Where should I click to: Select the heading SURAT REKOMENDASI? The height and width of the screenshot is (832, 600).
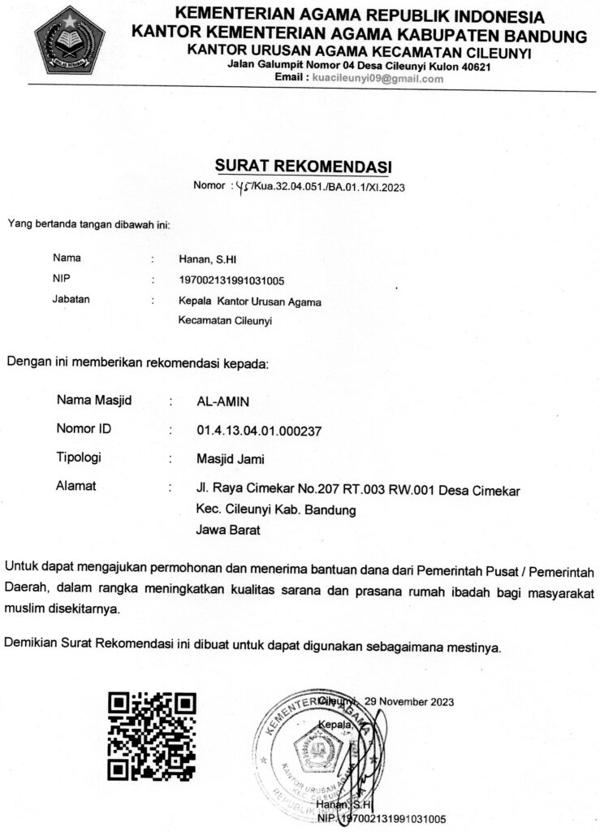tap(303, 167)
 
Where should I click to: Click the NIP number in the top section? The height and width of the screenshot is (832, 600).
tap(231, 280)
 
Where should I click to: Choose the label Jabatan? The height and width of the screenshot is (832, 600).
tap(71, 300)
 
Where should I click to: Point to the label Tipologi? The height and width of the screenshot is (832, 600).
tap(79, 457)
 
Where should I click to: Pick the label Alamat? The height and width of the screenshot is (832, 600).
tap(76, 487)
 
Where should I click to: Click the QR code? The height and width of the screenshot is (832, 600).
tap(152, 735)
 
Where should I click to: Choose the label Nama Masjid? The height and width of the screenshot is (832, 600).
tap(94, 401)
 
